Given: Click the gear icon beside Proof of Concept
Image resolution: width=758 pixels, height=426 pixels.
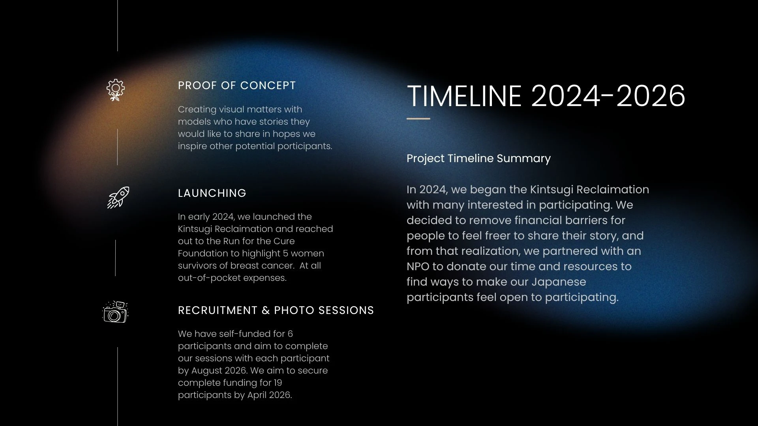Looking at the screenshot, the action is pyautogui.click(x=116, y=90).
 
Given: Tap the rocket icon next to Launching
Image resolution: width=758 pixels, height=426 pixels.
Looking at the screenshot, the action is pyautogui.click(x=118, y=197).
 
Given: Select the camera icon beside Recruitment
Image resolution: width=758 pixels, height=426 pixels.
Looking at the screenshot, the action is pyautogui.click(x=115, y=312).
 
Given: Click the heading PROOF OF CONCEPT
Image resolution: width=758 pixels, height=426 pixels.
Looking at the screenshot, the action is pyautogui.click(x=237, y=86).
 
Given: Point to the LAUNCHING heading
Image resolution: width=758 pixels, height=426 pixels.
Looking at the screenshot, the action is pyautogui.click(x=212, y=193).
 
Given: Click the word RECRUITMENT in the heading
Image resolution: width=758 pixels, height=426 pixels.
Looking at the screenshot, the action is pyautogui.click(x=218, y=310).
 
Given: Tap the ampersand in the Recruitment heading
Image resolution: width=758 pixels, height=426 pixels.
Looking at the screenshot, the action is pyautogui.click(x=266, y=310).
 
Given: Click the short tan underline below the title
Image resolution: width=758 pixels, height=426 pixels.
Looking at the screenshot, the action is pyautogui.click(x=418, y=118).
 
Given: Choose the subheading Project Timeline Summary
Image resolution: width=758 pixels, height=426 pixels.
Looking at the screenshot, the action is pyautogui.click(x=478, y=158).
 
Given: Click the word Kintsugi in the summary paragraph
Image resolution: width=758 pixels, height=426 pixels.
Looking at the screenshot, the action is pyautogui.click(x=552, y=190).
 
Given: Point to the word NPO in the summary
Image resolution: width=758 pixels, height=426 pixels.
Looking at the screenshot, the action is pyautogui.click(x=418, y=266).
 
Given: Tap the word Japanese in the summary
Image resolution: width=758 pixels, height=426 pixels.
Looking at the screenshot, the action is pyautogui.click(x=559, y=282).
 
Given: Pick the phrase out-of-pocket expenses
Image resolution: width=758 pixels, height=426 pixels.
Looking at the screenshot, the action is pyautogui.click(x=232, y=278).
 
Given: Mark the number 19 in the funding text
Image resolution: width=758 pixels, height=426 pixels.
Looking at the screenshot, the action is pyautogui.click(x=278, y=383).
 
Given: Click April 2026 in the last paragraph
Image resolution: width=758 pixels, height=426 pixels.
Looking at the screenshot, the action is pyautogui.click(x=270, y=395).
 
